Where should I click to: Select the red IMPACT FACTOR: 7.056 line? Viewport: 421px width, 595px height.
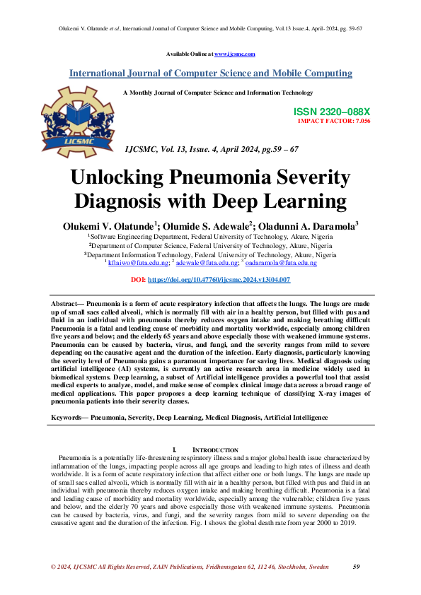(335, 121)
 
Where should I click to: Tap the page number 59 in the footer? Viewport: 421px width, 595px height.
(357, 567)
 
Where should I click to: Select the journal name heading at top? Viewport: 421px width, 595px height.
(210, 73)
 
